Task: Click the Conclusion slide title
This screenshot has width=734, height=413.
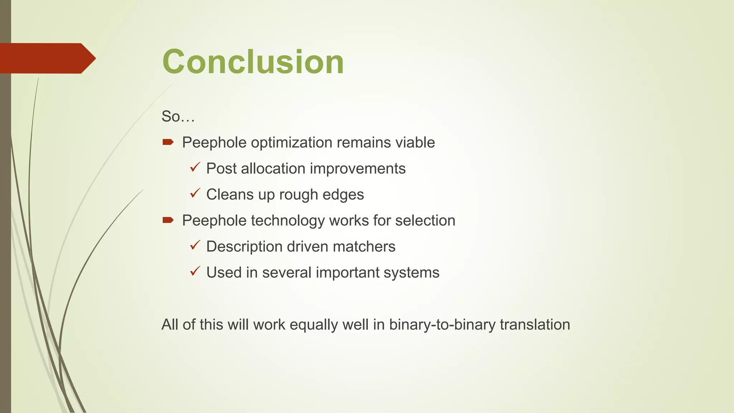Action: tap(253, 62)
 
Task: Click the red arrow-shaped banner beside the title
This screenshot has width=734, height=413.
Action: tap(47, 58)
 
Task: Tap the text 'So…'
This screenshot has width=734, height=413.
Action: tap(178, 117)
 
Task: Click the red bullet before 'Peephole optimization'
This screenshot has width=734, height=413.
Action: tap(168, 142)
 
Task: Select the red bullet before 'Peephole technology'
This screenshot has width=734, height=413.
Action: tap(168, 220)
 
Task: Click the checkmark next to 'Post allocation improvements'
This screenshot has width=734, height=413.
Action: tap(195, 167)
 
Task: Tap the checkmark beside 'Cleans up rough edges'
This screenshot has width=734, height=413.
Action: tap(195, 193)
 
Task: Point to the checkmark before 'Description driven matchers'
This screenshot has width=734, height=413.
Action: tap(195, 245)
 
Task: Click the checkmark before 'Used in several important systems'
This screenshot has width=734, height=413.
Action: tap(195, 271)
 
